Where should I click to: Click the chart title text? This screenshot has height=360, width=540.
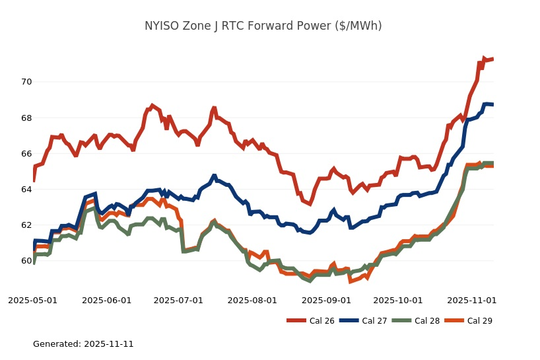coord(263,26)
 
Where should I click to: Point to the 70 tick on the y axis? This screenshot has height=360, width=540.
coord(26,82)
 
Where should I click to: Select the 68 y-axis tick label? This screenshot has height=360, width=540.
coord(26,118)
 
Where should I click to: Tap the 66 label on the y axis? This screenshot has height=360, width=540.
coord(26,153)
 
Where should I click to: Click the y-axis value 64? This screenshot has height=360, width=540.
coord(26,189)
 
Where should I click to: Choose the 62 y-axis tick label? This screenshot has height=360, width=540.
coord(26,225)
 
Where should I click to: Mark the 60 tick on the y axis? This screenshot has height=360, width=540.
coord(26,260)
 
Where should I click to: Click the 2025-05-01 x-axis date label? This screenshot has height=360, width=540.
coord(33,300)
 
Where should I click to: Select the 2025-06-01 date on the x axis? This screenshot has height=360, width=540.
coord(107,300)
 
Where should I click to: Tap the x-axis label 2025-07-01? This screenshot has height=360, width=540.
coord(178,300)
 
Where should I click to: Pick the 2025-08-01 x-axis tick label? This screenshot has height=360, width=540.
coord(252,300)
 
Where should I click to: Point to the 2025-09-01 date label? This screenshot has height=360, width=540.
coord(326,300)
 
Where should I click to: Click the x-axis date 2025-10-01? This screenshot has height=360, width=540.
coord(397,300)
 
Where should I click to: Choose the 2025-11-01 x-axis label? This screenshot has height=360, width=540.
coord(471,300)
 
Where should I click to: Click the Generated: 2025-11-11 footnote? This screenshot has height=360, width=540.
coord(83,344)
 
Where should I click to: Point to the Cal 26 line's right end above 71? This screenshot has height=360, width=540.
coord(492,59)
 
